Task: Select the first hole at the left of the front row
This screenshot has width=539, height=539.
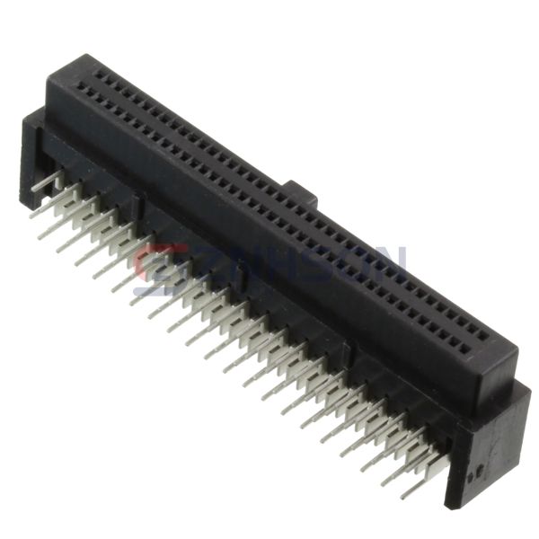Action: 82,89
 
